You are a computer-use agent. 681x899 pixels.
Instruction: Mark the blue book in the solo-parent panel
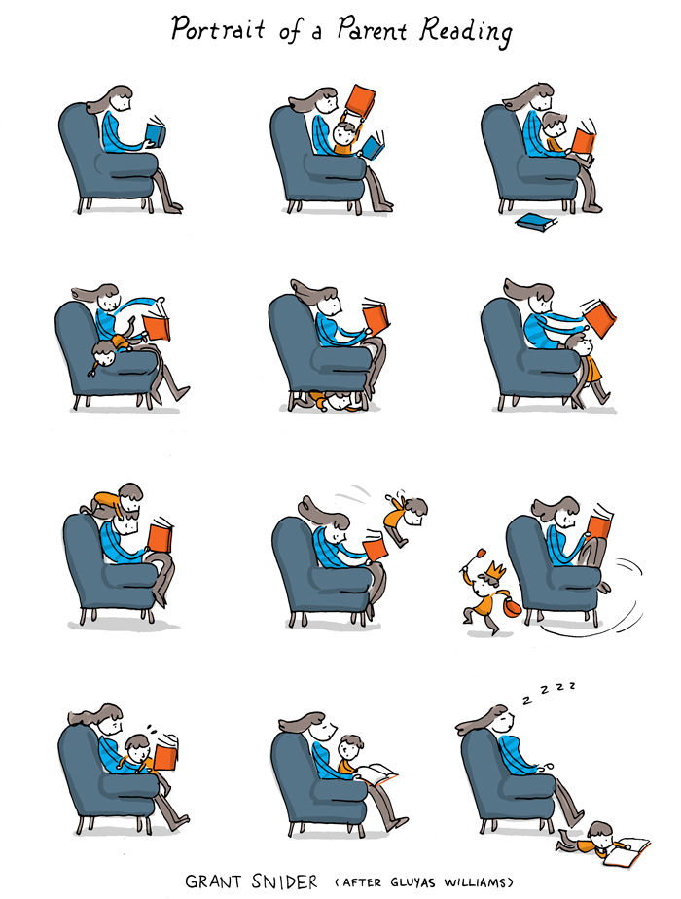coord(155,133)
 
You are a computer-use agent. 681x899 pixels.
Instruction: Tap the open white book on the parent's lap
coord(378,773)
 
